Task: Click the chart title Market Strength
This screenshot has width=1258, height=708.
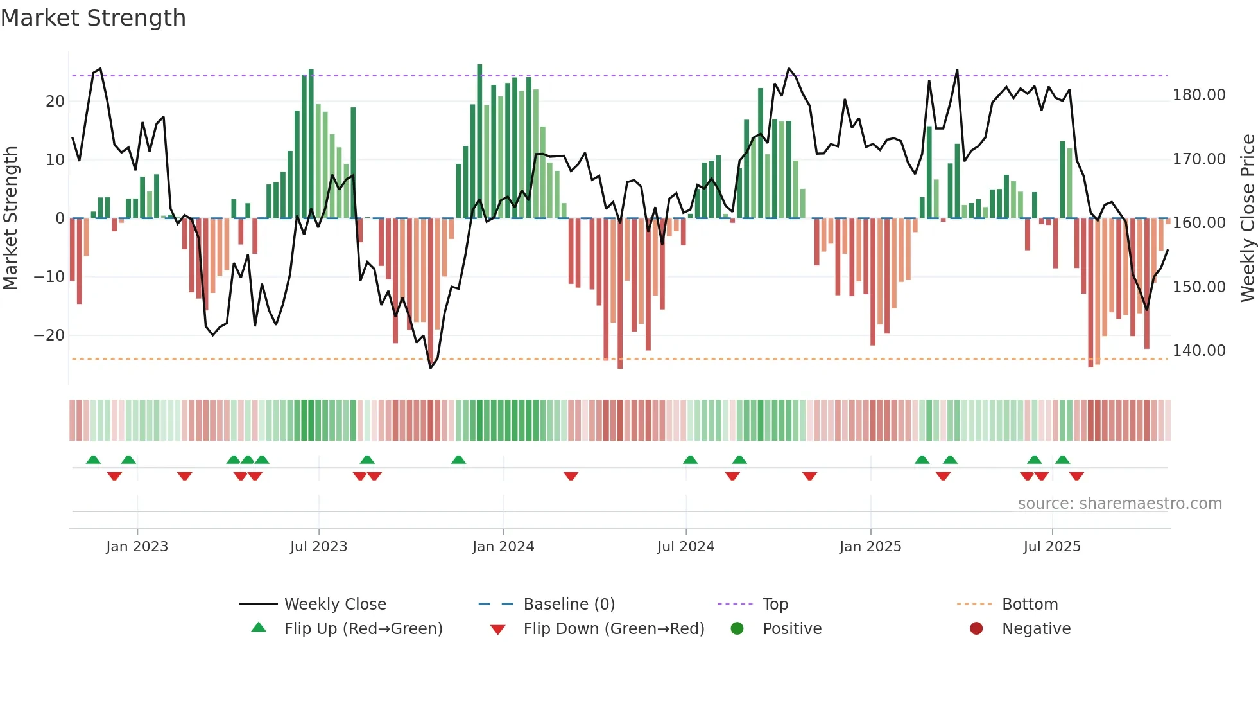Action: point(93,18)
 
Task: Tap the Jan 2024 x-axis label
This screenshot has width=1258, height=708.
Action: point(503,547)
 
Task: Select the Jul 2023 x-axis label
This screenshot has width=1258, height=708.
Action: point(318,547)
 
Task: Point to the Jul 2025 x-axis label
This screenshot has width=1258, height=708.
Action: point(1051,547)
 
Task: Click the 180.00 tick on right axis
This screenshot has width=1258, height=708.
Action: point(1198,95)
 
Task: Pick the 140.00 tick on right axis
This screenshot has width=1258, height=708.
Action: point(1198,351)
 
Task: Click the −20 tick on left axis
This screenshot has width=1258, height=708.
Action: point(49,335)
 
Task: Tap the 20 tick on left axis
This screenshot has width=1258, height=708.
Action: point(55,102)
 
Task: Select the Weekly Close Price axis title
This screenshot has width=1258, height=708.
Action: point(1247,218)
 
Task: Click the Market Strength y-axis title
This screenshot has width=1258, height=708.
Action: point(11,218)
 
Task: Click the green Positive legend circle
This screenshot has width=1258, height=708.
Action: point(737,629)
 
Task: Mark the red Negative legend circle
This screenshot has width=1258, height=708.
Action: point(976,629)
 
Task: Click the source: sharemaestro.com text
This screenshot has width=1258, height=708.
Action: point(1119,504)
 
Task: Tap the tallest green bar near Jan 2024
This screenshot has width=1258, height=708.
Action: point(479,141)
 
